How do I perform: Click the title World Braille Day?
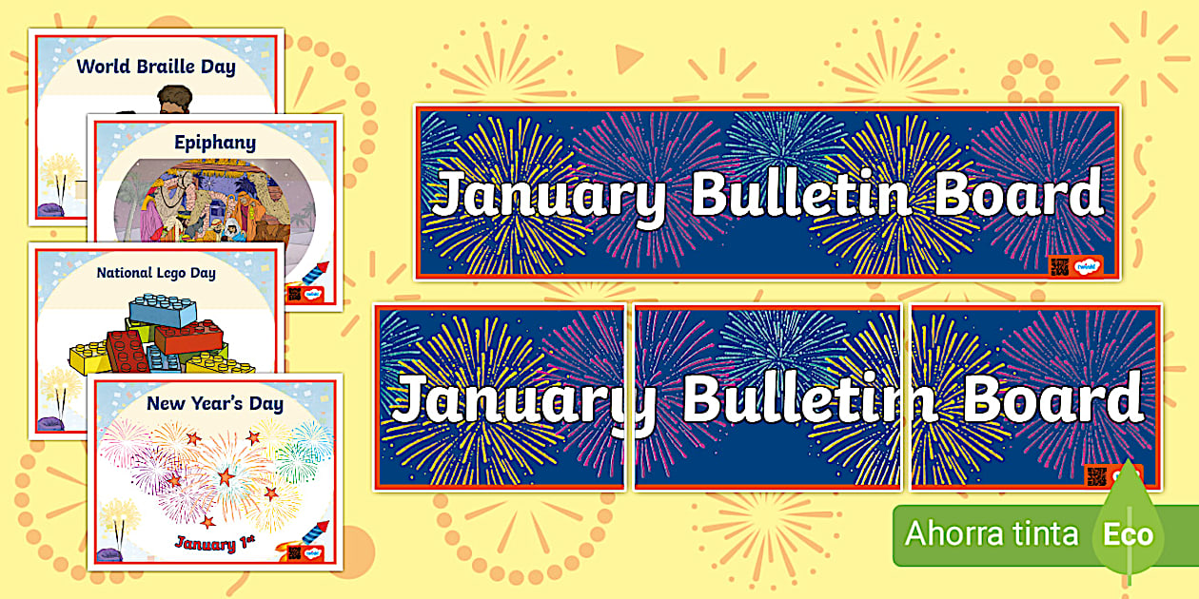pyautogui.click(x=155, y=67)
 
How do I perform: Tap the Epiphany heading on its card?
pyautogui.click(x=215, y=143)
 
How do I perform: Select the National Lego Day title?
pyautogui.click(x=156, y=273)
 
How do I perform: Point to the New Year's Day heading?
pyautogui.click(x=215, y=404)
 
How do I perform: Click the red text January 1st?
pyautogui.click(x=215, y=544)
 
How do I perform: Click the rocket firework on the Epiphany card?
pyautogui.click(x=313, y=275)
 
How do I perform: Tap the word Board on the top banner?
pyautogui.click(x=1018, y=195)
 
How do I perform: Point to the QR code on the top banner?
pyautogui.click(x=1058, y=266)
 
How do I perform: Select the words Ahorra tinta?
pyautogui.click(x=991, y=533)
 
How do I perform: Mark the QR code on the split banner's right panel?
pyautogui.click(x=1096, y=474)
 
